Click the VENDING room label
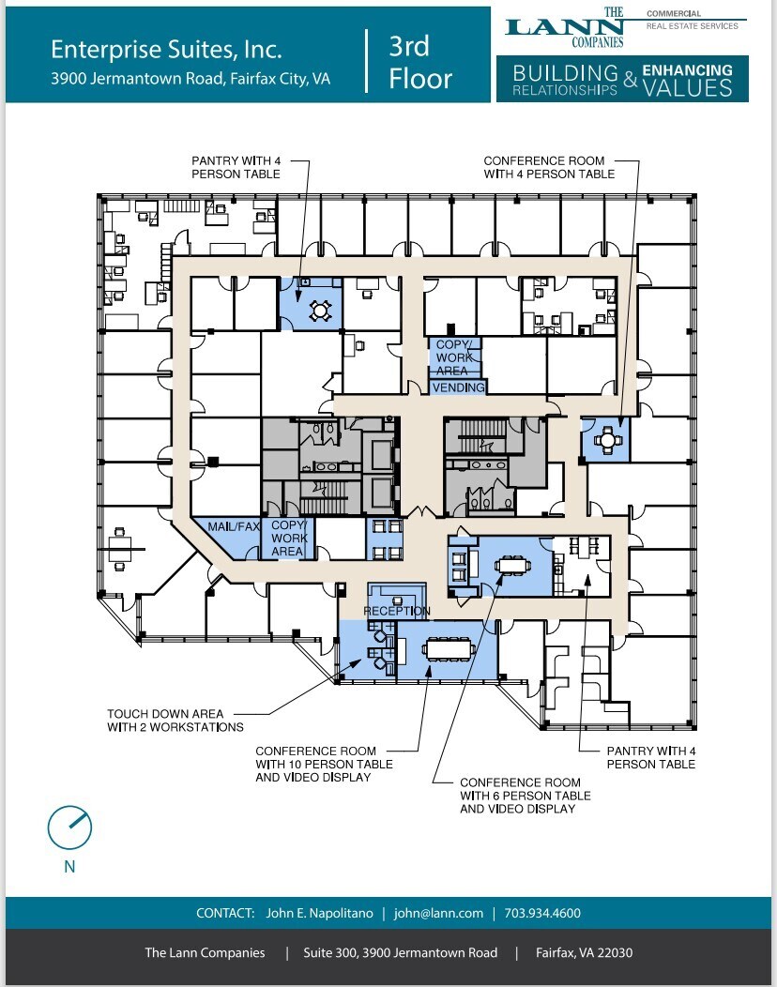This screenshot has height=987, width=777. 459,387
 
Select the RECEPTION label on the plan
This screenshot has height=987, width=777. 396,612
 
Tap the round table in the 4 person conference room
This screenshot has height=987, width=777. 608,438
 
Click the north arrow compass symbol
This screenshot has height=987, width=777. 69,826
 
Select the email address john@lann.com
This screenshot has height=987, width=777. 438,913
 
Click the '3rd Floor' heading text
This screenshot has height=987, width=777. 419,62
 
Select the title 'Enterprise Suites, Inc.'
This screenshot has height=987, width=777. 166,49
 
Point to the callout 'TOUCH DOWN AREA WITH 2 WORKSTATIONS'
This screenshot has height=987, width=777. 175,721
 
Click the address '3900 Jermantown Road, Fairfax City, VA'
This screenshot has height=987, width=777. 190,79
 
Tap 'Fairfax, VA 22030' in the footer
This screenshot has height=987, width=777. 584,952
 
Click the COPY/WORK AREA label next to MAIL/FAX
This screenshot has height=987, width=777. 287,539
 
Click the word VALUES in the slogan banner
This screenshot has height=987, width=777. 687,87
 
